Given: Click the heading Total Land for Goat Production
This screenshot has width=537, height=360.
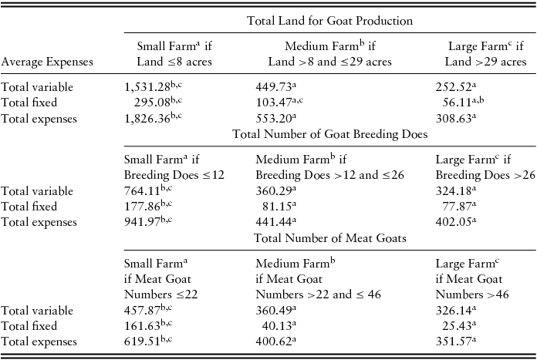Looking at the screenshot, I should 329,21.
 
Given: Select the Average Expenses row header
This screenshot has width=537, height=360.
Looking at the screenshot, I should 48,61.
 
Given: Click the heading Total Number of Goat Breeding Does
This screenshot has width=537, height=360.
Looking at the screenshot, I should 330,134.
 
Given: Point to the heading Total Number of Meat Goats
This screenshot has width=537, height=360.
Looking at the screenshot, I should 330,238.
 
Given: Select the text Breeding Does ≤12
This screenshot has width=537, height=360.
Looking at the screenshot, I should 174,174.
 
